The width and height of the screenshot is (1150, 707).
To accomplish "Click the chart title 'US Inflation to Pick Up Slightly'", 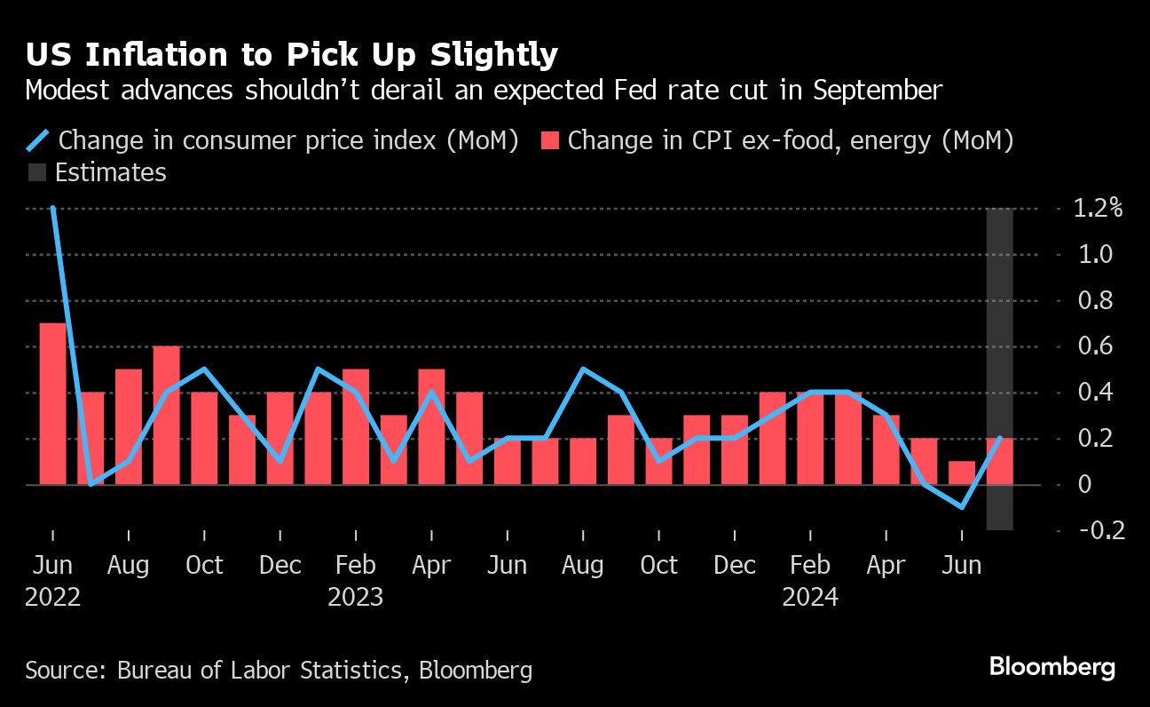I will (291, 55).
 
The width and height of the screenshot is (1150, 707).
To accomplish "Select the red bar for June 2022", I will (53, 404).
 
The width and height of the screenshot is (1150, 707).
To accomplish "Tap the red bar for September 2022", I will (167, 416).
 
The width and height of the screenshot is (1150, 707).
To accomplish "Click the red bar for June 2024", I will (962, 473).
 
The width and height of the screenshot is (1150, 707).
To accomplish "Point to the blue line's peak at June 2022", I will (53, 208).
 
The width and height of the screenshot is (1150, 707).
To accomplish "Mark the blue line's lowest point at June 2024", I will (962, 507).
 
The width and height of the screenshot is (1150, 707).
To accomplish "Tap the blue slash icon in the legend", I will (38, 140).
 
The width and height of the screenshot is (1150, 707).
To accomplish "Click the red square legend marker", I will (549, 140).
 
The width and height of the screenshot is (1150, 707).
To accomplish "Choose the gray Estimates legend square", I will (36, 172).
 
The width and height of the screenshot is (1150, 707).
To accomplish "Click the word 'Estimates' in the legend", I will (111, 172).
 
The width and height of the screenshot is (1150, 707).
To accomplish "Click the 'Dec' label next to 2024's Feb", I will (735, 566).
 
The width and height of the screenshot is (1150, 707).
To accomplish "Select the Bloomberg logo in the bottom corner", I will (1052, 668).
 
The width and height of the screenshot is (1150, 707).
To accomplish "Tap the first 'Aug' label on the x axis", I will (129, 566).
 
